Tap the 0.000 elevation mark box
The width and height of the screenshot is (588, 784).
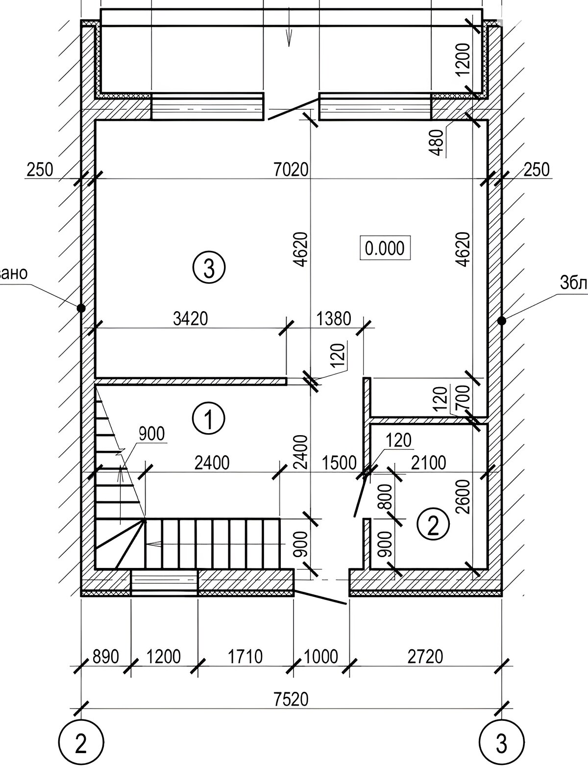[x=385, y=248]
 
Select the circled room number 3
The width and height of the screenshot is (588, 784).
[x=208, y=268]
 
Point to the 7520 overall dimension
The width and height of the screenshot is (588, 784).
[x=292, y=699]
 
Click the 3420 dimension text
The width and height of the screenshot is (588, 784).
[x=191, y=319]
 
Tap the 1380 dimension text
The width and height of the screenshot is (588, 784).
[x=334, y=319]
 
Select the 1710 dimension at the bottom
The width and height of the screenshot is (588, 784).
[x=245, y=657]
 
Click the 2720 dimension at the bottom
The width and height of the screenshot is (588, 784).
[x=425, y=657]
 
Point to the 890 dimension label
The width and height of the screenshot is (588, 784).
[x=106, y=657]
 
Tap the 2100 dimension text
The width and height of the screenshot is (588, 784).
[x=429, y=463]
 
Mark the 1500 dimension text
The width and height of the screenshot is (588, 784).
[x=339, y=463]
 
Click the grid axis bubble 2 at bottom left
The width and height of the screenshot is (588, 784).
[x=80, y=745]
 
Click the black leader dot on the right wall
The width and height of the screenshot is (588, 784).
[x=501, y=320]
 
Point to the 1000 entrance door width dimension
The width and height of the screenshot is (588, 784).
[x=321, y=657]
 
